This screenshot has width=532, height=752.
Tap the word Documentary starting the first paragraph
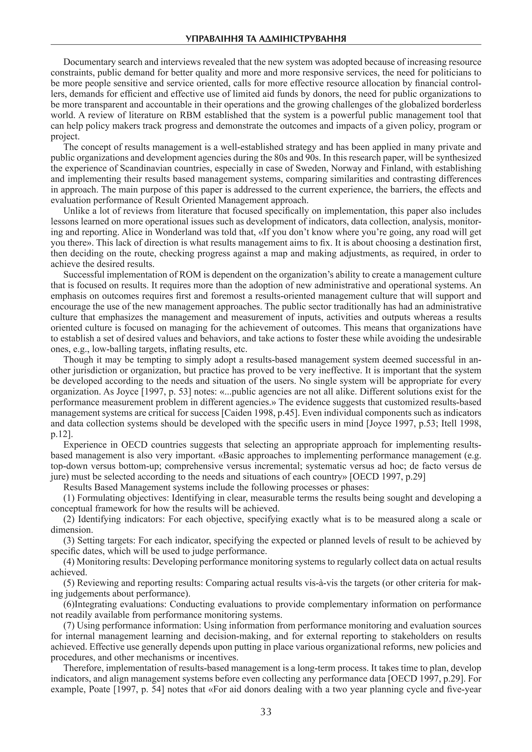(x=85, y=62)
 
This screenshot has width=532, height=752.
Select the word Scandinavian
(x=143, y=168)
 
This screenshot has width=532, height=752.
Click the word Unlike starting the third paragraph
(x=74, y=211)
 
